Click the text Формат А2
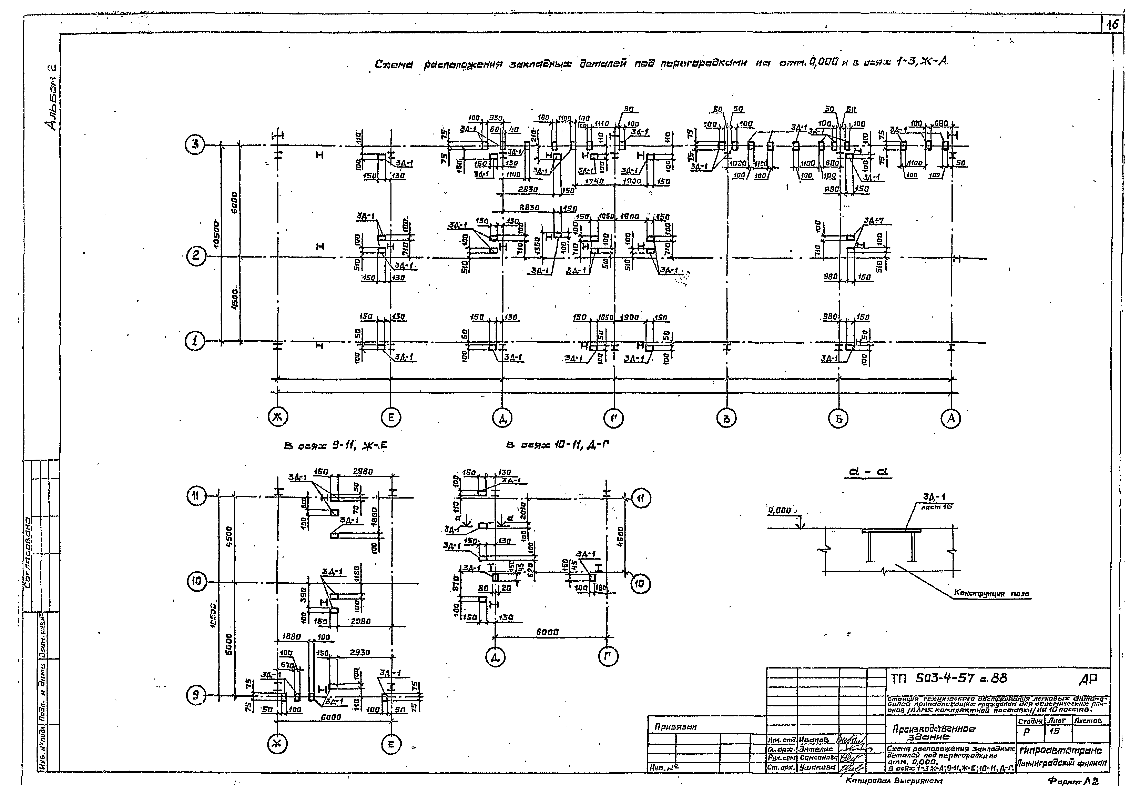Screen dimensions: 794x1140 (1073, 781)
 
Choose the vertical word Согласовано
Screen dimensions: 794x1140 (28, 551)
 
